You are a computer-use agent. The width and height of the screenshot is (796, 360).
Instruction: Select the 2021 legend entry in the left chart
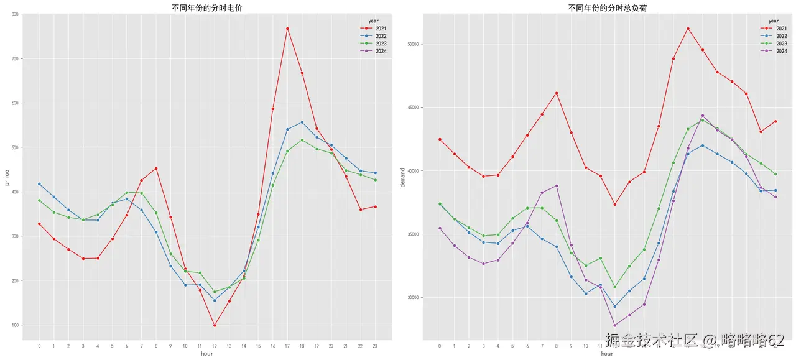point(381,29)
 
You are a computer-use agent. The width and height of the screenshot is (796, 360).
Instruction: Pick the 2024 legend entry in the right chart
point(781,51)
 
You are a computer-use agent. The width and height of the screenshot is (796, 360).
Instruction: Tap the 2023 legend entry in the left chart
point(381,44)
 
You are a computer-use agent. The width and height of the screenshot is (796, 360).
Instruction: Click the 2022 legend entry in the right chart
point(781,36)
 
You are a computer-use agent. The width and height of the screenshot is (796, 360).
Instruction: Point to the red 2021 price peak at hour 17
point(287,29)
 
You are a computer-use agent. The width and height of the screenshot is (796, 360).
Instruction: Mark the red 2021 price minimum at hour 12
point(214,325)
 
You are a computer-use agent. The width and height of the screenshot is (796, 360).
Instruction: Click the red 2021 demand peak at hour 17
point(688,29)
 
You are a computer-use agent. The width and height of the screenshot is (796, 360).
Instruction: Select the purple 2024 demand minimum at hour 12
point(614,325)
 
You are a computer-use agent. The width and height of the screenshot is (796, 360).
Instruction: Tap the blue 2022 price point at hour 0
point(39,184)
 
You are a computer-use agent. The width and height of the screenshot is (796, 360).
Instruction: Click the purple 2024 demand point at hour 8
point(556,186)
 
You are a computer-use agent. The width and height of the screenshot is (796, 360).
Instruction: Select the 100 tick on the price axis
point(14,325)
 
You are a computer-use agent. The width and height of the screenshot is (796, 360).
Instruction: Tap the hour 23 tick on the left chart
point(375,346)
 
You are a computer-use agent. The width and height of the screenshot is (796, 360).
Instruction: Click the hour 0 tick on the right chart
point(439,346)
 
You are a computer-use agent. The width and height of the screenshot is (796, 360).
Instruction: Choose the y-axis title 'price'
point(6,177)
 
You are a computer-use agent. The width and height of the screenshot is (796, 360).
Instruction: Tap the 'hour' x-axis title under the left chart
point(207,353)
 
